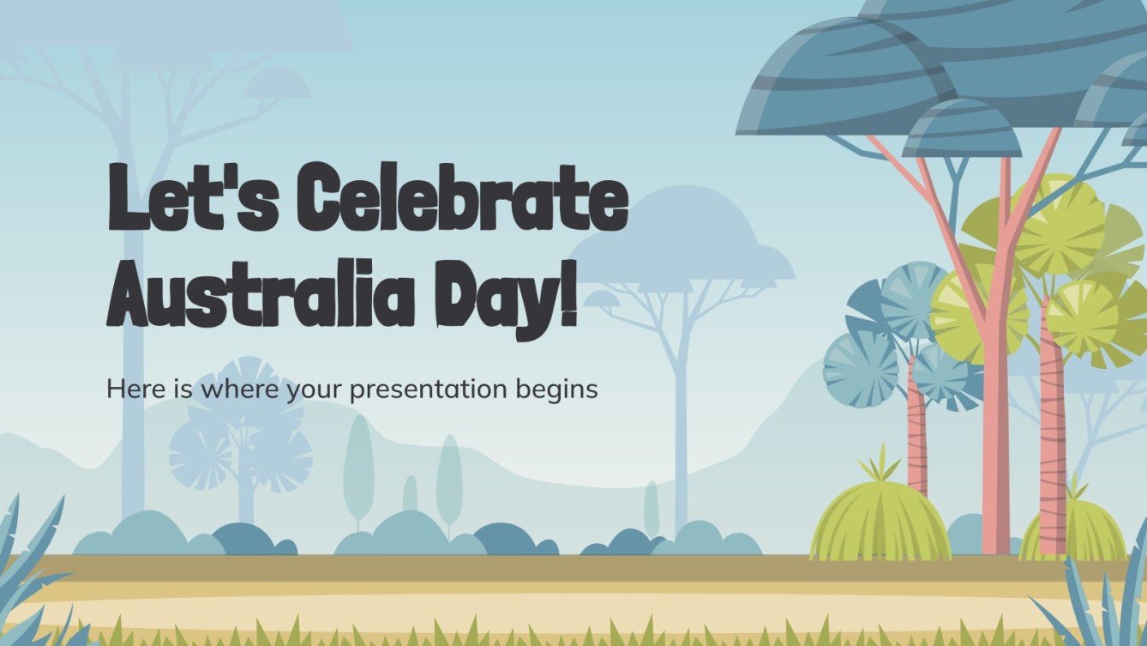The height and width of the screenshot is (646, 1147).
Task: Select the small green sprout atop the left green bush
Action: point(877,466)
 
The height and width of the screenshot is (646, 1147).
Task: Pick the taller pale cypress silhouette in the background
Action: point(358,468)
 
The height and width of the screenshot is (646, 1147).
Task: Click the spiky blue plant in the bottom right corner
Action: point(1106,601)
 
